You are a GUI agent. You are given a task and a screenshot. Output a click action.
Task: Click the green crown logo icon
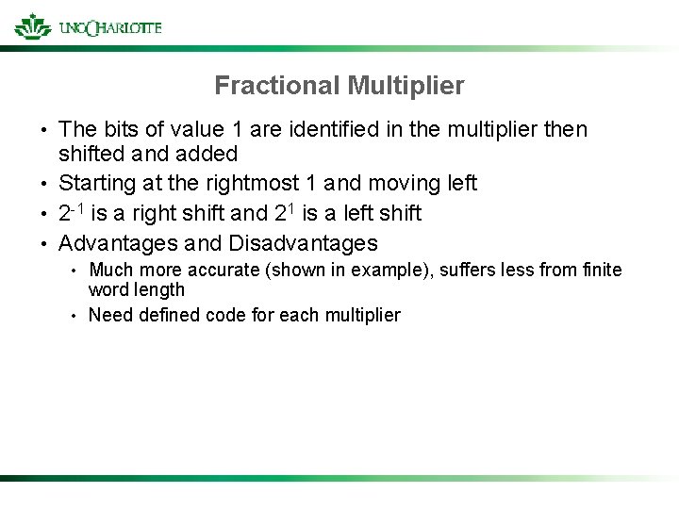(x=33, y=25)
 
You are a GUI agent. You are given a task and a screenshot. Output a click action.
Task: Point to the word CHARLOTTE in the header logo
(x=123, y=27)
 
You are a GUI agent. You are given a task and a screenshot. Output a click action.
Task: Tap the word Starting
(x=96, y=183)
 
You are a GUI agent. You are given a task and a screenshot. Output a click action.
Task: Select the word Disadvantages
(x=303, y=243)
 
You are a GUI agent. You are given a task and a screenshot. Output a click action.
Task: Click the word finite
(x=601, y=271)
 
